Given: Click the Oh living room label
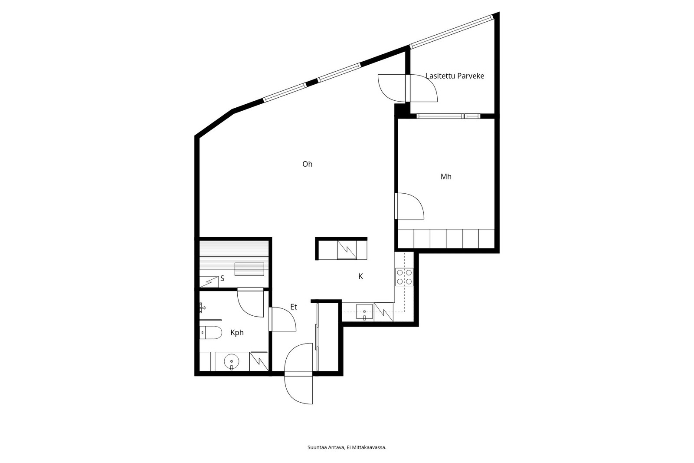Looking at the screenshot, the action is coord(308,164).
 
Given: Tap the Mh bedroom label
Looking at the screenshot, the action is coord(446,177).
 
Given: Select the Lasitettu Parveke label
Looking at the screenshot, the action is coord(455,76).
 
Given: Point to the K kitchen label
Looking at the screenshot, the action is coord(360,276).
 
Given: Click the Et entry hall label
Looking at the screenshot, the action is coord(293,307).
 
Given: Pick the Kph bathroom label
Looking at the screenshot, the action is coord(237,333).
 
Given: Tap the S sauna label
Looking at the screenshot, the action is coord(222,278).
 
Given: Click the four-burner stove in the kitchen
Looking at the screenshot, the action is coord(404,277).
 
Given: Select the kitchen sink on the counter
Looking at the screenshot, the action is coord(364,312).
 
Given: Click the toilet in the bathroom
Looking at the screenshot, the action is coord(210,333).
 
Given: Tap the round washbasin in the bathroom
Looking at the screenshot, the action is coord(232,361).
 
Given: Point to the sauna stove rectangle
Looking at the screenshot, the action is coord(249,269).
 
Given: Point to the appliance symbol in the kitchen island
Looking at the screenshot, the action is coord(347,250).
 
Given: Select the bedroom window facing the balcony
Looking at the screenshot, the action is coord(448,116).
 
